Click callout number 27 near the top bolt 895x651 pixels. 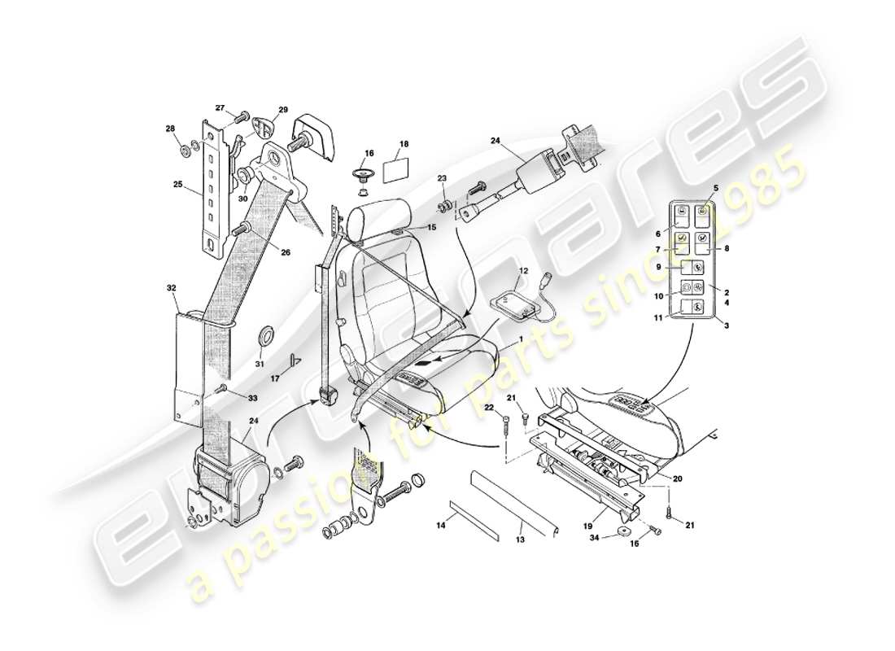tap(220, 108)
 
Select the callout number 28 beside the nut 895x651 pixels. tap(171, 129)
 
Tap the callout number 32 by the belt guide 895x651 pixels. tap(171, 288)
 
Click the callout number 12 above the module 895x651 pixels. tap(524, 270)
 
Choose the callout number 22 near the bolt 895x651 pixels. tap(489, 407)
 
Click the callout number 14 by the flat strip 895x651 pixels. tap(441, 527)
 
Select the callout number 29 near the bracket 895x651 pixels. tap(283, 110)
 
